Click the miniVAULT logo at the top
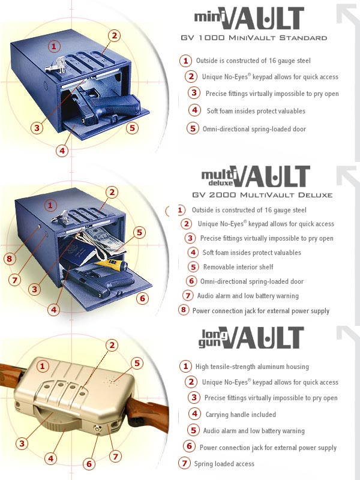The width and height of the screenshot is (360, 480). click(x=249, y=19)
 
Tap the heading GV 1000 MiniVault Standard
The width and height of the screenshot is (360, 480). click(x=254, y=38)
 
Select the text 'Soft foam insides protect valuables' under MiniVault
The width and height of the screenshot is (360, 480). click(x=256, y=111)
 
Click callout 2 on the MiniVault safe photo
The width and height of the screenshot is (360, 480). click(x=114, y=36)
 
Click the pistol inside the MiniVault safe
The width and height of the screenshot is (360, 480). click(x=107, y=106)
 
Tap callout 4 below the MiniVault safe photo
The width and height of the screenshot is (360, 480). click(x=62, y=151)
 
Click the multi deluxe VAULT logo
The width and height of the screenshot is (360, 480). click(x=256, y=176)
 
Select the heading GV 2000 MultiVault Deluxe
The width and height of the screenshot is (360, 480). click(x=262, y=195)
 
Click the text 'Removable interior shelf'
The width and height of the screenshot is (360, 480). click(x=238, y=267)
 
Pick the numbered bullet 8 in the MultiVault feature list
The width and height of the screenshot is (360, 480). click(x=184, y=310)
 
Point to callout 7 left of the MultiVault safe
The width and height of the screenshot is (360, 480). click(x=14, y=280)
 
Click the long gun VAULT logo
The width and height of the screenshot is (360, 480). click(x=251, y=338)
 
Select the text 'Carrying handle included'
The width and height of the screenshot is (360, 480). click(x=241, y=415)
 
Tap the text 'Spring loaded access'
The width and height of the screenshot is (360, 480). click(x=224, y=464)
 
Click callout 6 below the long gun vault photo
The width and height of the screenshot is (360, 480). click(x=89, y=464)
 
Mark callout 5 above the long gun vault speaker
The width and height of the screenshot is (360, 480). click(x=137, y=364)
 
